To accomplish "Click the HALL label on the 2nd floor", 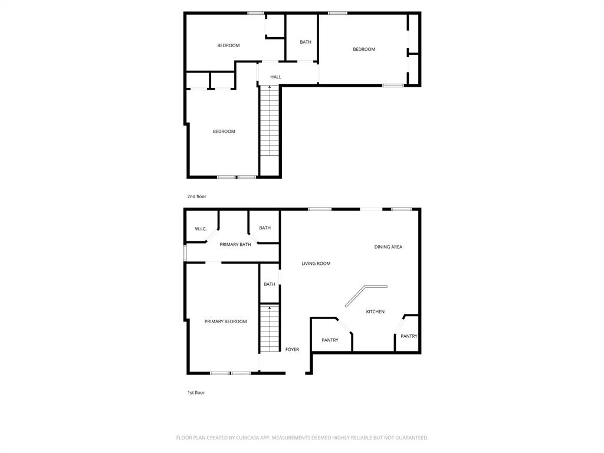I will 275,77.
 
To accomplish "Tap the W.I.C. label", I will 201,229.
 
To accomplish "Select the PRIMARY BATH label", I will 235,244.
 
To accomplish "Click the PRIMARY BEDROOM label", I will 225,321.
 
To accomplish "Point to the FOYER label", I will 292,349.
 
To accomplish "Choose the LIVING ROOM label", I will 316,264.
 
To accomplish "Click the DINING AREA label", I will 388,247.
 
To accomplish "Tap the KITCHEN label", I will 375,311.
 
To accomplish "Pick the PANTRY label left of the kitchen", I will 330,340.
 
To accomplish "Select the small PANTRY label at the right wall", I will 409,336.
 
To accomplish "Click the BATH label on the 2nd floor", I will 306,42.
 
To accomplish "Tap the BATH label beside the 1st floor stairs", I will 270,284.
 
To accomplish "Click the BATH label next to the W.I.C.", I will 265,228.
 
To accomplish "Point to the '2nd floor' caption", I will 197,196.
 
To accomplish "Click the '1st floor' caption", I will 196,392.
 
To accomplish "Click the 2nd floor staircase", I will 270,121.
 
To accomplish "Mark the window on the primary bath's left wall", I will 185,253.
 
